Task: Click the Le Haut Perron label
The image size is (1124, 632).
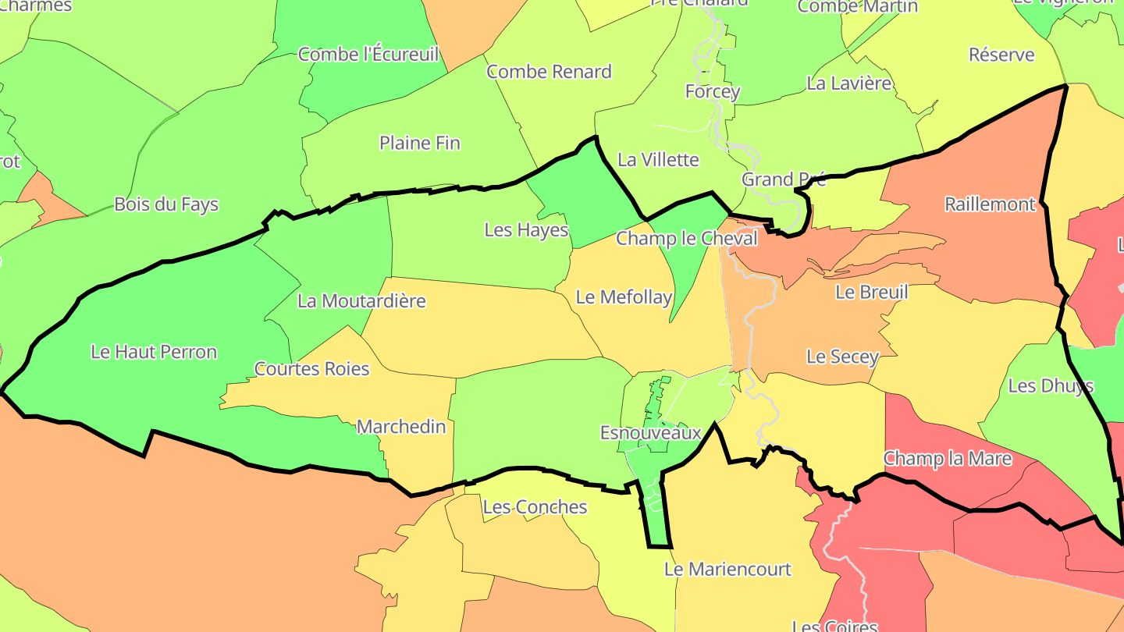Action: tap(154, 352)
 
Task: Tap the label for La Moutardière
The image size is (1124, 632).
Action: tap(361, 301)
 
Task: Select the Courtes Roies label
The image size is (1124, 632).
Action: tap(311, 369)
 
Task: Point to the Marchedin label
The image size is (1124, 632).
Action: tap(401, 427)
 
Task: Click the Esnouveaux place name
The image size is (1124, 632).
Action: tap(650, 432)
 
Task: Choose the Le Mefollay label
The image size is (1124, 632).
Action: tap(624, 297)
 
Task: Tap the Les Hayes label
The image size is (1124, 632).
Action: tap(526, 230)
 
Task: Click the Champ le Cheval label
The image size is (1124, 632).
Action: tap(687, 239)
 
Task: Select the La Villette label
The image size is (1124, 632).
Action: tap(658, 160)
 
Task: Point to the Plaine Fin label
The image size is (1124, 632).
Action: tap(419, 144)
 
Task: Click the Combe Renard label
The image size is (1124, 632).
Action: tap(549, 72)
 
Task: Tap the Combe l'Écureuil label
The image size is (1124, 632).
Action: tap(368, 55)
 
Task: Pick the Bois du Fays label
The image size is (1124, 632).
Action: tap(166, 204)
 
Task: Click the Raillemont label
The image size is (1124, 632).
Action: tap(990, 204)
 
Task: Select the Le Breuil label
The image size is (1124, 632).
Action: tap(871, 293)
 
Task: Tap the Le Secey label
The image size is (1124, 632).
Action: tap(842, 357)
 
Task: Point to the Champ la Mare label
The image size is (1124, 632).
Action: tap(947, 458)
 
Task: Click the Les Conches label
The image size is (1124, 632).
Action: tap(535, 507)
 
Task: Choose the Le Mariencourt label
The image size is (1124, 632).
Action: tap(727, 570)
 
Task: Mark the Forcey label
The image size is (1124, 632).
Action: tap(712, 92)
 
